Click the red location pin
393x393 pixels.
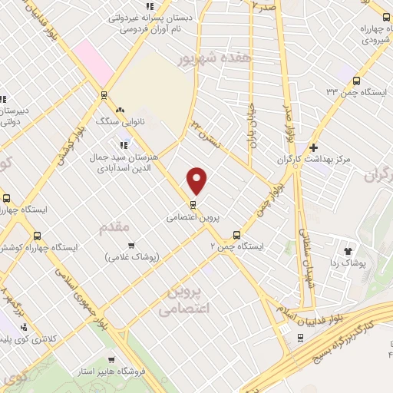coord(198,180)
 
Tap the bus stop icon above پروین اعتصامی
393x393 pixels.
coord(193,204)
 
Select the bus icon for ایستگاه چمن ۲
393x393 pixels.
coord(236,235)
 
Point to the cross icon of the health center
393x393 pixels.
coord(313,147)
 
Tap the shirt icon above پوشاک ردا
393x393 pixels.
coord(347,250)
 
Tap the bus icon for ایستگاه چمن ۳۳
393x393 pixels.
coord(356,80)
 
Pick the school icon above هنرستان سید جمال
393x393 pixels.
coord(123,144)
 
